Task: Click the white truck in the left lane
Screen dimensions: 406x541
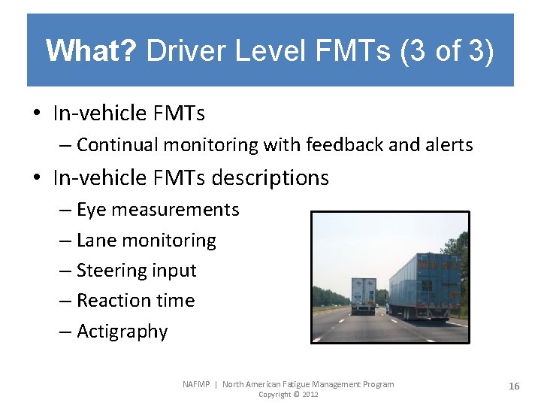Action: coord(364,294)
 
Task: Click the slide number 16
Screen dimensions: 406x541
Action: coord(514,386)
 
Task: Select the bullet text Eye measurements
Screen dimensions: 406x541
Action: coord(158,210)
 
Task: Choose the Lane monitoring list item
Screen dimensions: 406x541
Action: coord(147,241)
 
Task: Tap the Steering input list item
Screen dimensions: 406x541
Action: coord(136,271)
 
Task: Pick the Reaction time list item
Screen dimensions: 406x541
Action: coord(135,301)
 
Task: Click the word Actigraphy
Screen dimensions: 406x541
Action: coord(122,332)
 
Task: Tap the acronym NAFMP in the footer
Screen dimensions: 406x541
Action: coord(198,384)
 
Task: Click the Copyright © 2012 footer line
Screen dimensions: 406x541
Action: coord(288,395)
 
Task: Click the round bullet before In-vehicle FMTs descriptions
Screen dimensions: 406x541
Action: coord(36,178)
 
